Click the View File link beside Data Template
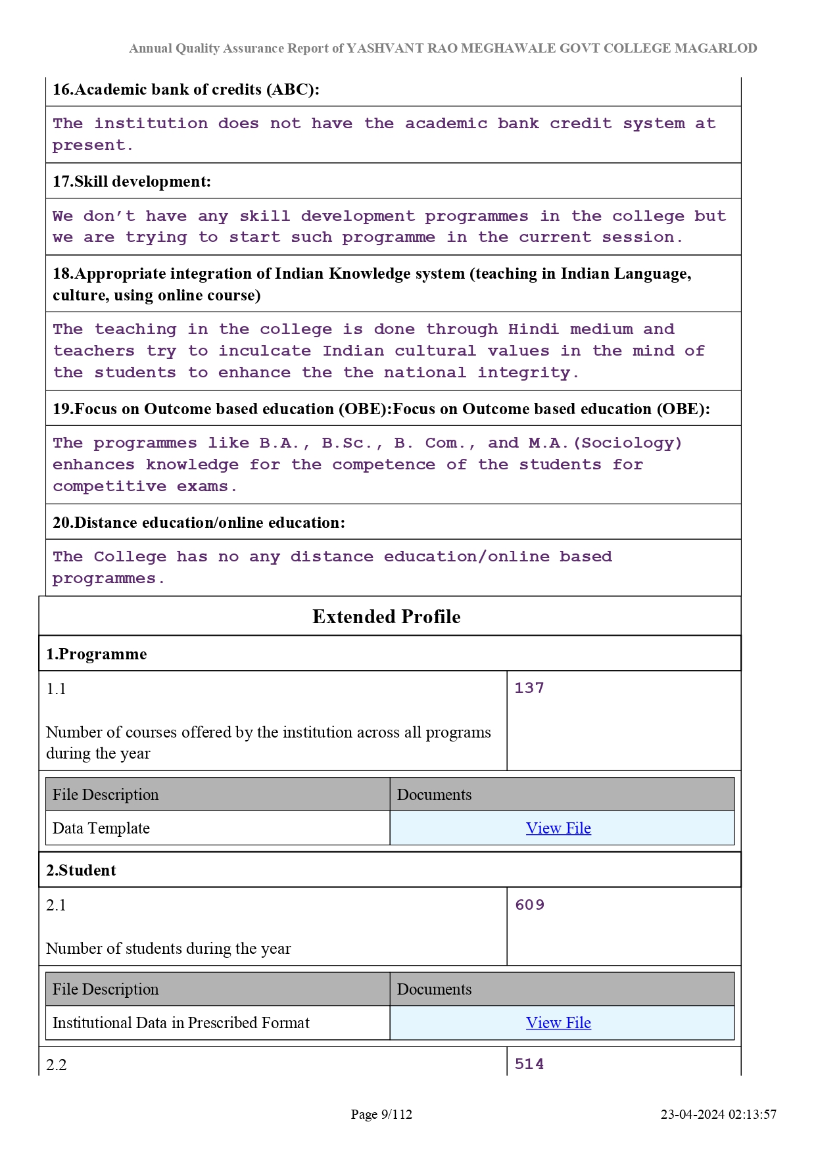(558, 828)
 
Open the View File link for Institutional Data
(558, 1023)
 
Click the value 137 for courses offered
(529, 688)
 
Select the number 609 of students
(530, 905)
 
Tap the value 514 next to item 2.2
(529, 1064)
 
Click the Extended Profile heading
(387, 617)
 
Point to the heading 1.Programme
(97, 654)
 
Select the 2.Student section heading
(81, 870)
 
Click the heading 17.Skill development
(132, 181)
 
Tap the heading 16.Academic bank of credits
(186, 89)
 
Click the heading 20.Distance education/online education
(199, 523)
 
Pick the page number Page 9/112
(381, 1114)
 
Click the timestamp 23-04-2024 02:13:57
(719, 1114)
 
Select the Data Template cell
(101, 828)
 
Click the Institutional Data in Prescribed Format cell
(181, 1023)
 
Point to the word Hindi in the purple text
(533, 329)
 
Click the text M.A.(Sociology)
(605, 443)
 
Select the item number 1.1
(57, 689)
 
